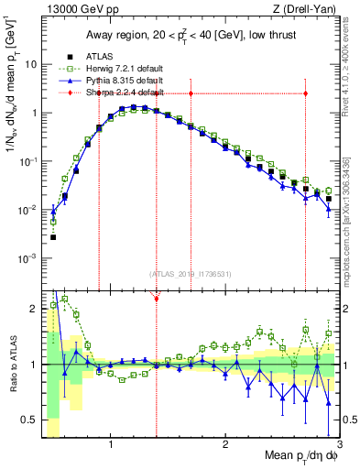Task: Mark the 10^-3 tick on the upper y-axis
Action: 27,258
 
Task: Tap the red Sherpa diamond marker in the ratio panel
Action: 157,299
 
